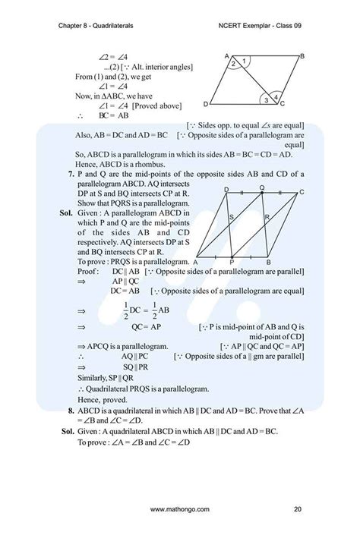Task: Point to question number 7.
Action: [x=70, y=174]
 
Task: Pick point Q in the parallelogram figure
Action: [x=262, y=186]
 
